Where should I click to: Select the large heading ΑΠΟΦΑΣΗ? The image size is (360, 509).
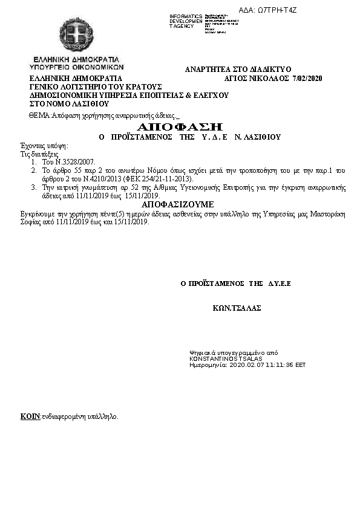tap(180, 127)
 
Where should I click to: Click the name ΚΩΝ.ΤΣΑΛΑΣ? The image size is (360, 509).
tap(237, 308)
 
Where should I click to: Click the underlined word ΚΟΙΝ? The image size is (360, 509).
tap(30, 417)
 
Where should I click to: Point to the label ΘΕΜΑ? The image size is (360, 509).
tap(39, 115)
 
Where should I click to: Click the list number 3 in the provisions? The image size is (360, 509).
tap(34, 188)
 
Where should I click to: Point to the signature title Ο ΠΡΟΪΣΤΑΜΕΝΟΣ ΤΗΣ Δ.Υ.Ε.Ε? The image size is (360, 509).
tap(236, 283)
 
